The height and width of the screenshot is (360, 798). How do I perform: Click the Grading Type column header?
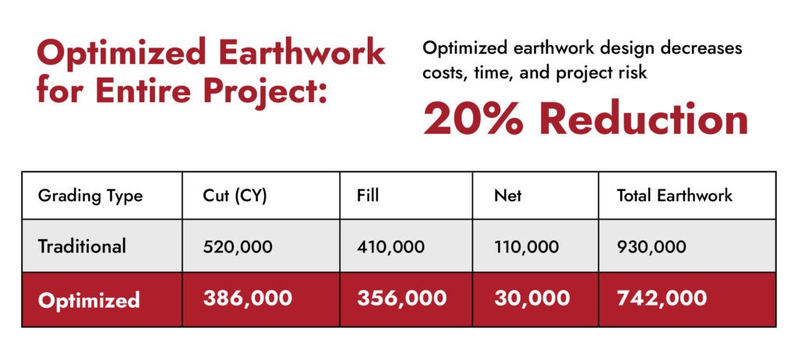(90, 196)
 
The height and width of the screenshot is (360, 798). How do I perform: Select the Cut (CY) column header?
(235, 196)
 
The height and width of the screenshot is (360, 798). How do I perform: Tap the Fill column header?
(368, 196)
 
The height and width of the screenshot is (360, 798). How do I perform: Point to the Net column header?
(507, 196)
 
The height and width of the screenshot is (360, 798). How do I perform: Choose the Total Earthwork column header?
(674, 196)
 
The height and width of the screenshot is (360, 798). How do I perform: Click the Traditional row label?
(81, 246)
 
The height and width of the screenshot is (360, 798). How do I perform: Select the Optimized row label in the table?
(89, 300)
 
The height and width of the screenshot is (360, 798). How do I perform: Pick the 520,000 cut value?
(237, 248)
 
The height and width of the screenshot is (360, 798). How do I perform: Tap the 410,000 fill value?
(390, 248)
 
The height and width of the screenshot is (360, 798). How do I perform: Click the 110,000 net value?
(526, 248)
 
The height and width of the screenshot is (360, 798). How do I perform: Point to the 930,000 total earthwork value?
(651, 248)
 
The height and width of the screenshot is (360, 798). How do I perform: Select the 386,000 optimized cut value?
(247, 298)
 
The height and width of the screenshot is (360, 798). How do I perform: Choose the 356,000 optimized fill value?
(401, 298)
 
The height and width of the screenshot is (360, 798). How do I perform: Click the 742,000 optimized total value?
(662, 298)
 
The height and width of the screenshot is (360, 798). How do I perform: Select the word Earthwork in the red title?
(302, 53)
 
